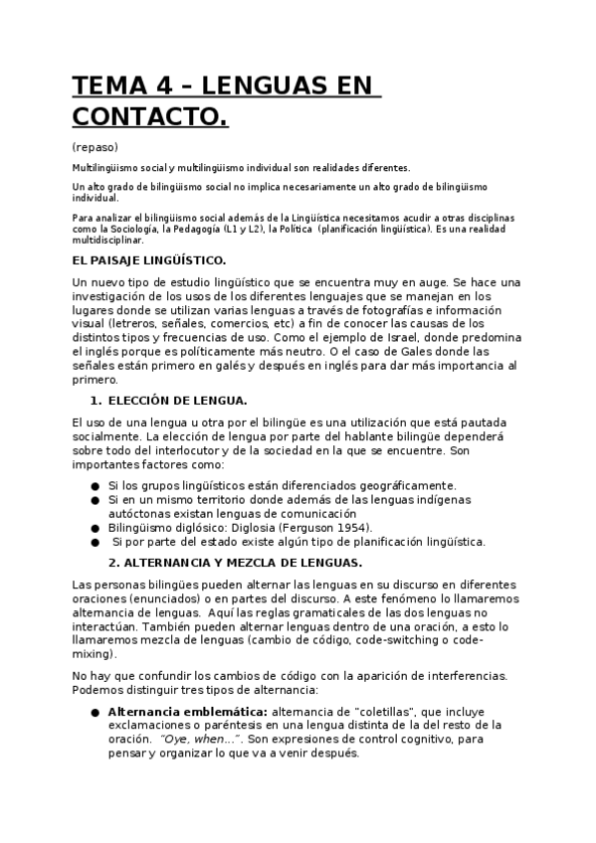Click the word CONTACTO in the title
tap(149, 118)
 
